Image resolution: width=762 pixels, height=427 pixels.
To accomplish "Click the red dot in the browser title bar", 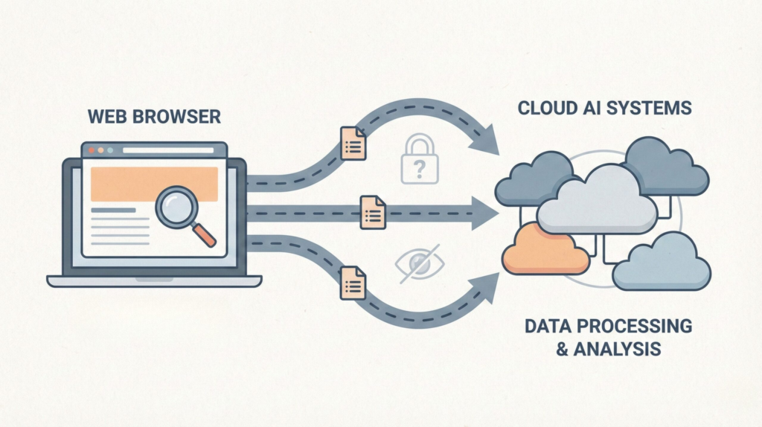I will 92,150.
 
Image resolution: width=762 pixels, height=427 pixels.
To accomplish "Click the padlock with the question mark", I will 420,161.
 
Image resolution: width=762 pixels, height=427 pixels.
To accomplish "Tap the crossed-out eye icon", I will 421,262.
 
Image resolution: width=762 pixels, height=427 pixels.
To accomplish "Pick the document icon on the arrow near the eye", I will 353,283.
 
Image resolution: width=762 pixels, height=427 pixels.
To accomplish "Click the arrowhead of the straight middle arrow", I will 484,214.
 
